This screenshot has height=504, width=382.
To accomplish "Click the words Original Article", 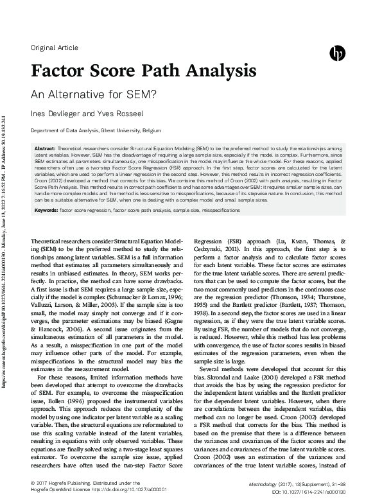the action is click(x=55, y=48).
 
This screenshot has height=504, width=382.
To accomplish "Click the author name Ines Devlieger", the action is click(x=53, y=113).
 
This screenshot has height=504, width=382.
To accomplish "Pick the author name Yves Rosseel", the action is click(x=103, y=113).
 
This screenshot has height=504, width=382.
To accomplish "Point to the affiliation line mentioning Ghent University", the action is click(x=91, y=130).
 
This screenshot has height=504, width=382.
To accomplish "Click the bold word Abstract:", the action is click(x=45, y=148).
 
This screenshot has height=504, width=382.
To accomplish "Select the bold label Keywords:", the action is click(x=46, y=209).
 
